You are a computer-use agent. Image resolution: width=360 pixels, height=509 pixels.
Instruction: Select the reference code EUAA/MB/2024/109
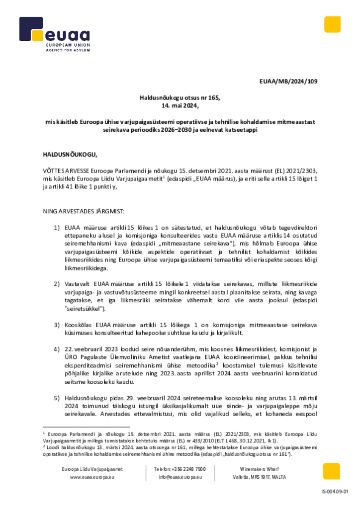click(289, 81)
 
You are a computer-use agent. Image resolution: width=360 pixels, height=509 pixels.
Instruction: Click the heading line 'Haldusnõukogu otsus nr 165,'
click(180, 98)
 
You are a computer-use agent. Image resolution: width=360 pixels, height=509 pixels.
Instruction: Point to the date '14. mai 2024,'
click(180, 106)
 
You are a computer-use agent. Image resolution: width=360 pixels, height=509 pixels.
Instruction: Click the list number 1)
click(57, 228)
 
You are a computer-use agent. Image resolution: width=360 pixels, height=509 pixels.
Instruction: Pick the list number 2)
click(57, 284)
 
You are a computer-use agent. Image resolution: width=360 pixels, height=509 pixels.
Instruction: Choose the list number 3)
click(57, 325)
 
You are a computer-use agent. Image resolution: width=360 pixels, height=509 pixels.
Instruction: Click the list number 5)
click(57, 398)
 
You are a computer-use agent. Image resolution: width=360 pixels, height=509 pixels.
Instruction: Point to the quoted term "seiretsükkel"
click(85, 309)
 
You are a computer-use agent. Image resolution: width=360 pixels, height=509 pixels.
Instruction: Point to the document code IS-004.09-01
click(335, 492)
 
